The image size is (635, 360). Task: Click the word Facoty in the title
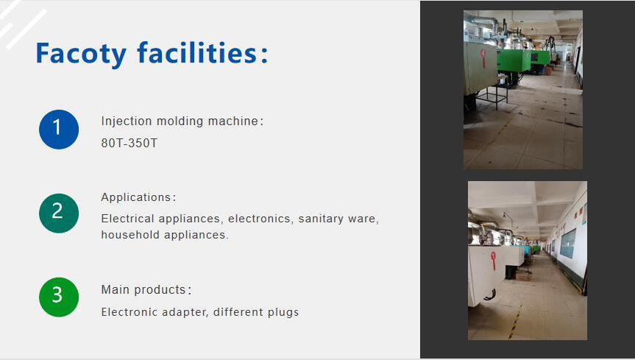point(81,53)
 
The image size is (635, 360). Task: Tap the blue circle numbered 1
point(59,130)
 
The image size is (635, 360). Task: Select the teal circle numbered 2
point(59,213)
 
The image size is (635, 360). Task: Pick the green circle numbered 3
point(59,297)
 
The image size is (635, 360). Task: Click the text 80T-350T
point(129,144)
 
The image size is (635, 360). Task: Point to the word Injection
point(124,121)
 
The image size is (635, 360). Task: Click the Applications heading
point(136,197)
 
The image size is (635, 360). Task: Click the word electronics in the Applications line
point(259,219)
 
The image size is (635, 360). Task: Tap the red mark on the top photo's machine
point(483,56)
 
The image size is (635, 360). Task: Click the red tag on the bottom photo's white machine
point(493,260)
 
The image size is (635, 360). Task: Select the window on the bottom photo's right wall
point(567,243)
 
